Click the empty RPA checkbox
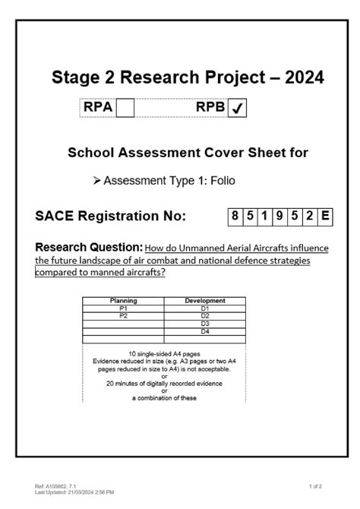125,109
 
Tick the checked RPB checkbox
237,109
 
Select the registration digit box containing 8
236,217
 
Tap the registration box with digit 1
263,217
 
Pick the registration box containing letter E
324,217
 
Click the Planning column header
123,301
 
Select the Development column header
204,301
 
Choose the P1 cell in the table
123,308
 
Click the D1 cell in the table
204,308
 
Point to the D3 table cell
204,324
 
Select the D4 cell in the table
204,331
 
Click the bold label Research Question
89,247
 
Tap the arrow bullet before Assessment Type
96,182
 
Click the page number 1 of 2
317,485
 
